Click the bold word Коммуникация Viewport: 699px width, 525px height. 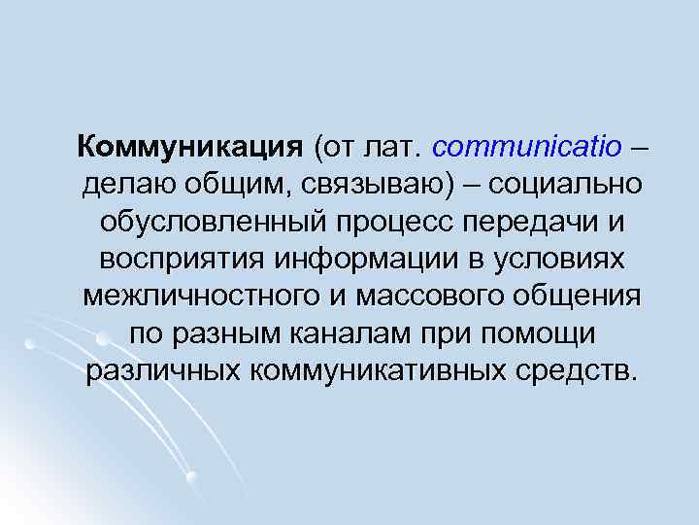tap(191, 147)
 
